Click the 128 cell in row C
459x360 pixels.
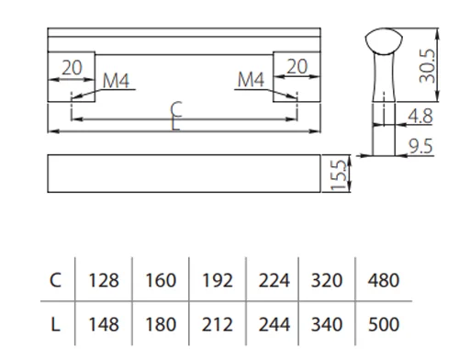coord(104,280)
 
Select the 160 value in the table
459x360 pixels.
coord(161,280)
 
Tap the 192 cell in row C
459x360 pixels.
coord(218,280)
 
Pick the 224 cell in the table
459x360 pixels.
coord(274,280)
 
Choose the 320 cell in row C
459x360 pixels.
coord(327,280)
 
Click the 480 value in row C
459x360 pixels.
coord(384,280)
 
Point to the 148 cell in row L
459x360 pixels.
coord(104,324)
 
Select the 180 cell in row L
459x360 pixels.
coord(161,324)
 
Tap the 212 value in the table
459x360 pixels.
coord(218,324)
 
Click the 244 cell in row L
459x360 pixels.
coord(274,324)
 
